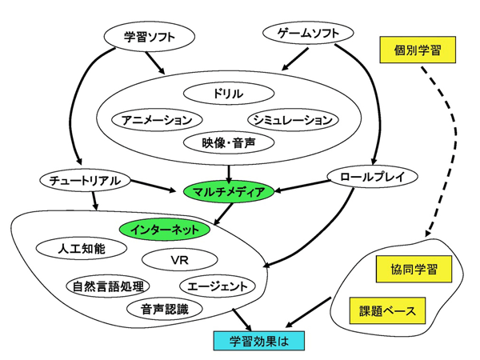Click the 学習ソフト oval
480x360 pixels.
click(x=150, y=36)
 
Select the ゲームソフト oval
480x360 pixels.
click(x=306, y=34)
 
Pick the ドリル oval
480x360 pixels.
click(x=228, y=94)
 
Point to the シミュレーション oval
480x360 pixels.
click(x=290, y=120)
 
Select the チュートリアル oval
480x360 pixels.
click(x=83, y=181)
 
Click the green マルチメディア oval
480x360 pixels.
click(x=230, y=191)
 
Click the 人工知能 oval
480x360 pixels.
click(x=82, y=248)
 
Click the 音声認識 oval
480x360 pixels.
click(x=163, y=309)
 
